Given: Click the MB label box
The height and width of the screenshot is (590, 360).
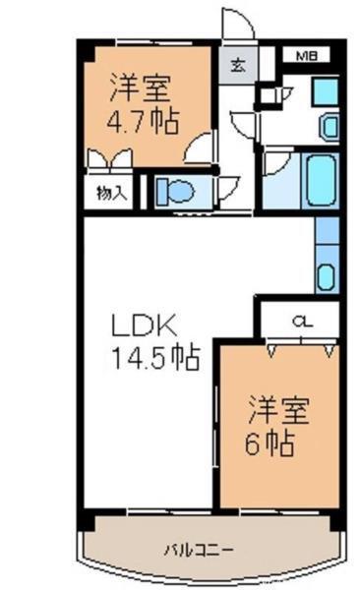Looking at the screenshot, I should pyautogui.click(x=309, y=56).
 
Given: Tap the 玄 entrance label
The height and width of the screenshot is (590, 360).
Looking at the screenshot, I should pyautogui.click(x=239, y=67).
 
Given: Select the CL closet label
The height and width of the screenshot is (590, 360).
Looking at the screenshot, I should pyautogui.click(x=302, y=320).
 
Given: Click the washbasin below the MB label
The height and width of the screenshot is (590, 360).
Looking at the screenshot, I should pyautogui.click(x=328, y=126).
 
